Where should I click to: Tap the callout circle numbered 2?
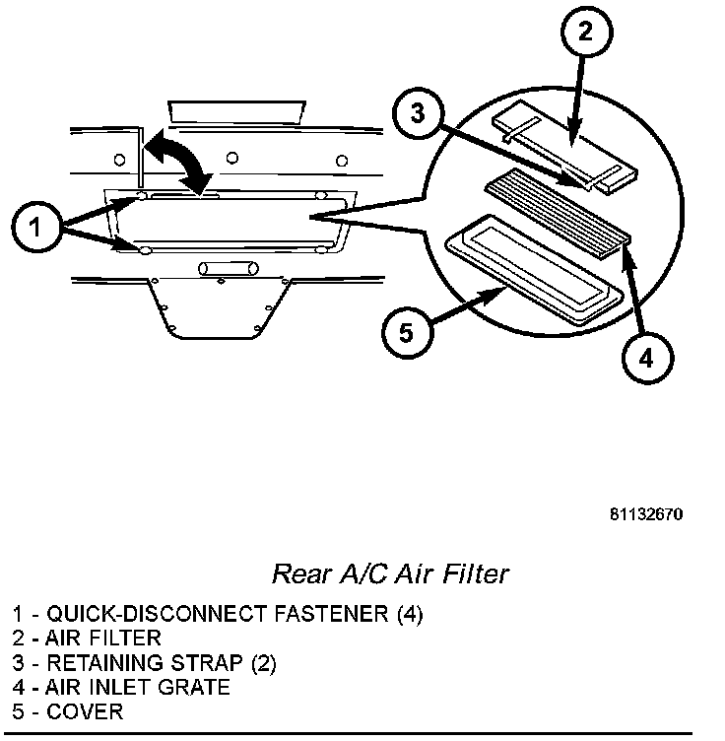point(586,33)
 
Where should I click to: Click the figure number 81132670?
point(644,514)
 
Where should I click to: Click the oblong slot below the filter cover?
point(228,267)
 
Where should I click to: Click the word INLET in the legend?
point(122,687)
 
